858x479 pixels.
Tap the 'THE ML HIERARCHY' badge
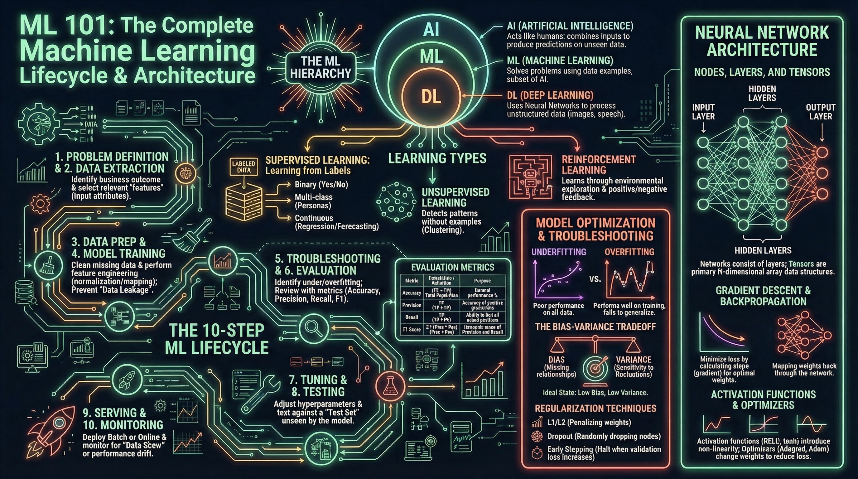(321, 67)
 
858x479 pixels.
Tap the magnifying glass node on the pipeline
(313, 328)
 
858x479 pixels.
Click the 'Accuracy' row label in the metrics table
(412, 293)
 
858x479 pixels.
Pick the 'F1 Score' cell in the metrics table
(412, 329)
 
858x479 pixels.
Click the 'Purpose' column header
(482, 280)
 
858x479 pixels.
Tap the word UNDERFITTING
(559, 252)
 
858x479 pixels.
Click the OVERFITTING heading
(629, 252)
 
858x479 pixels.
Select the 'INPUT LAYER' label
(703, 112)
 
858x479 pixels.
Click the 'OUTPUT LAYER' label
(820, 112)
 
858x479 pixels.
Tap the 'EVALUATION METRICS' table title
(453, 267)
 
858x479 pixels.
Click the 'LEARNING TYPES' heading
(437, 158)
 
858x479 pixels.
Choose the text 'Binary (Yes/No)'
(321, 185)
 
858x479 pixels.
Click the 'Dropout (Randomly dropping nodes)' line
(604, 436)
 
